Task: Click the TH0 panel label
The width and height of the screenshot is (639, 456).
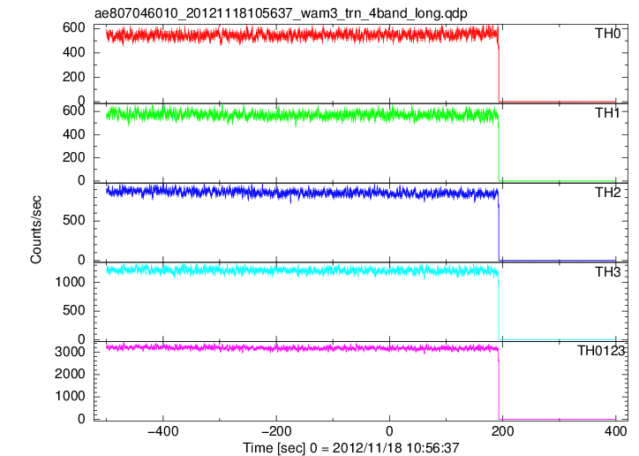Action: (x=607, y=34)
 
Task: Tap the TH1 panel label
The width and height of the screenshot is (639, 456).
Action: (x=607, y=113)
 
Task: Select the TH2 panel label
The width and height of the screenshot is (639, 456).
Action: (x=607, y=193)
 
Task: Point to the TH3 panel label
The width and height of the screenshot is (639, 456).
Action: (x=607, y=272)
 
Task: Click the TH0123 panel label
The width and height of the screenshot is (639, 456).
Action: (x=601, y=351)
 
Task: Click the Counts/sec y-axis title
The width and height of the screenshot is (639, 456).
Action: (x=36, y=230)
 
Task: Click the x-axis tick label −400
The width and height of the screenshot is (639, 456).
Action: (x=163, y=431)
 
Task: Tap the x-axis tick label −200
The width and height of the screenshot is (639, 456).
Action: (x=276, y=431)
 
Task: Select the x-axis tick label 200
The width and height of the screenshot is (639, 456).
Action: (x=502, y=431)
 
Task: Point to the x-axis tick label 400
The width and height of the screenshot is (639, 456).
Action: (x=615, y=431)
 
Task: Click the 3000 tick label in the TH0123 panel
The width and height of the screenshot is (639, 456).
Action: (x=70, y=352)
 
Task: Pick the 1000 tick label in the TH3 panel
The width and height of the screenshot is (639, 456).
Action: (x=70, y=282)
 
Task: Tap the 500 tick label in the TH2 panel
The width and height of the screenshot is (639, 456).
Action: (x=74, y=220)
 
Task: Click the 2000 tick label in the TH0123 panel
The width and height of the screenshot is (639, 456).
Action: (x=70, y=374)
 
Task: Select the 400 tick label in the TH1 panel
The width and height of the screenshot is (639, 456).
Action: (x=74, y=134)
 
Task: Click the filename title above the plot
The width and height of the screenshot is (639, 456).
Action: (x=281, y=13)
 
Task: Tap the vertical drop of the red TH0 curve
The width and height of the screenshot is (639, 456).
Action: (x=499, y=73)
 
